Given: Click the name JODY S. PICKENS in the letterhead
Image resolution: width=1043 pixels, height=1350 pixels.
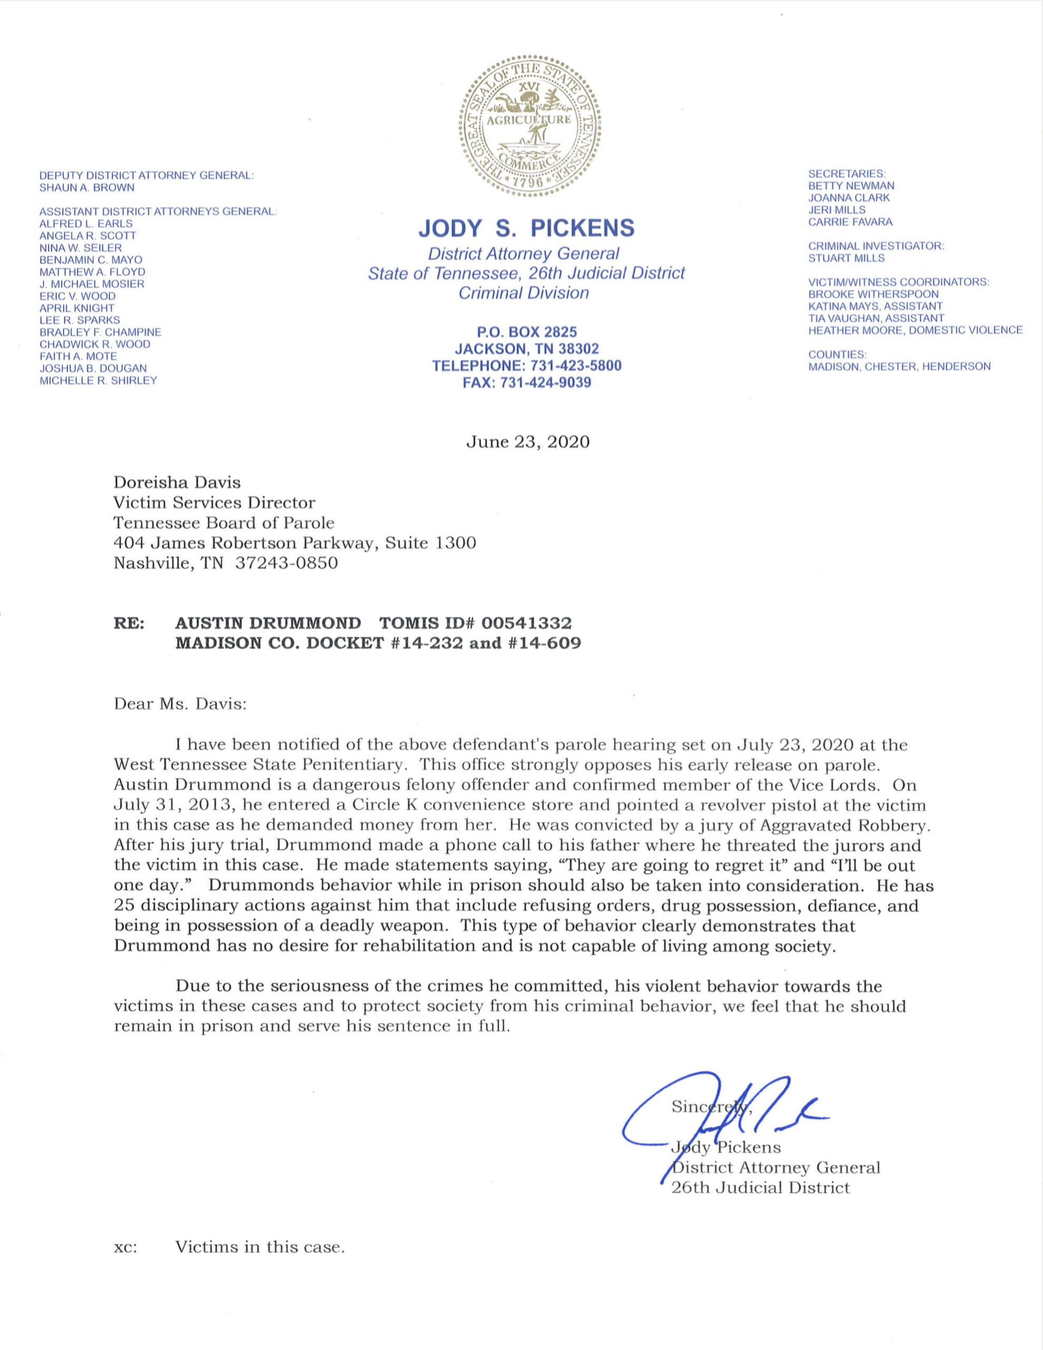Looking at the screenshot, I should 527,228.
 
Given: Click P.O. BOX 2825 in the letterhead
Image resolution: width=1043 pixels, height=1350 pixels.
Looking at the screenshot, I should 527,332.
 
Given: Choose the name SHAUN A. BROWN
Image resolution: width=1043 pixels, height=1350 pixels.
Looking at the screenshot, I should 86,187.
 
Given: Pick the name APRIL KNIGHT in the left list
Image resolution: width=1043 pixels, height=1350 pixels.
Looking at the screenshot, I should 76,308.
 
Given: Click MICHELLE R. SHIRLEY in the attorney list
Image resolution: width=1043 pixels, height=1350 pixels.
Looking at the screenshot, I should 98,380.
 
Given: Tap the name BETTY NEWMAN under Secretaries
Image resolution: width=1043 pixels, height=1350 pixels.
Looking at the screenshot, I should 851,186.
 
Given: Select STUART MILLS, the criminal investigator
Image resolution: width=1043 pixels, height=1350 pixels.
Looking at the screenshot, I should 846,258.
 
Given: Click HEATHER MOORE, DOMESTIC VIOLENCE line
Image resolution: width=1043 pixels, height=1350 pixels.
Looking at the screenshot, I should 915,330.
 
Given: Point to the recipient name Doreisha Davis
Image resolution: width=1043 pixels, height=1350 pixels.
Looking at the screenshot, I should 177,482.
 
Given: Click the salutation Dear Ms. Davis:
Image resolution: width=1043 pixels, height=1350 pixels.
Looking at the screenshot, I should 180,704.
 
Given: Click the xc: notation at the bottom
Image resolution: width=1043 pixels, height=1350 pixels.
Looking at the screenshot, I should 125,1247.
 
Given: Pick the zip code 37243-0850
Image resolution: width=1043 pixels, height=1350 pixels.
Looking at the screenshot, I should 286,563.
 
